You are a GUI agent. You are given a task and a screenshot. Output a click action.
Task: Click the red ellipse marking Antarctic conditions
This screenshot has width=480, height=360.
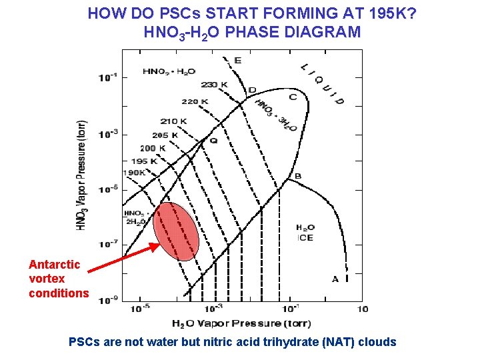(175, 231)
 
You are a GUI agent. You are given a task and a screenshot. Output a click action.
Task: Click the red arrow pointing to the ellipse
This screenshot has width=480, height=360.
(123, 257)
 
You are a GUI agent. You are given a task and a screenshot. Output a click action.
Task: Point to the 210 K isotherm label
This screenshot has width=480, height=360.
(173, 121)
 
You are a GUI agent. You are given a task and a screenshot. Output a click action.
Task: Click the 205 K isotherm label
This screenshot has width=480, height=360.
(165, 135)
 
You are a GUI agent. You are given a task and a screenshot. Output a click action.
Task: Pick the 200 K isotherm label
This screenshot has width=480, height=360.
(153, 148)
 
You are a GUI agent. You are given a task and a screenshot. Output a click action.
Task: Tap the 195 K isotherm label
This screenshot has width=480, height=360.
(144, 161)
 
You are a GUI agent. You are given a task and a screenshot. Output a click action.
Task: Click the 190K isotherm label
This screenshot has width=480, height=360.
(137, 172)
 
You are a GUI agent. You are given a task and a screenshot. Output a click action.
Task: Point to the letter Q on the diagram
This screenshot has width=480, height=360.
(213, 141)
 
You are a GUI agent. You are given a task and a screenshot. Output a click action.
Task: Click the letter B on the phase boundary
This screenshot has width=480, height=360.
(298, 177)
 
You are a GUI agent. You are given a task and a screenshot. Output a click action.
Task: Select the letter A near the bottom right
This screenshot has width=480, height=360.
(335, 279)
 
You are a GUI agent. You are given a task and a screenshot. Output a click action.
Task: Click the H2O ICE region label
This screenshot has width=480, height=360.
(305, 233)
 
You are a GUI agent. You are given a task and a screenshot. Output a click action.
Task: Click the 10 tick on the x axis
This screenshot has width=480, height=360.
(363, 309)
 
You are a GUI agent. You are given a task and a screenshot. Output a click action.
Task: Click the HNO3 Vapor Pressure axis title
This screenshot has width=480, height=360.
(81, 175)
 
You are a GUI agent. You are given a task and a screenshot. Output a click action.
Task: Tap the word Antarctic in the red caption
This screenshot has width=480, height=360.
(55, 264)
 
